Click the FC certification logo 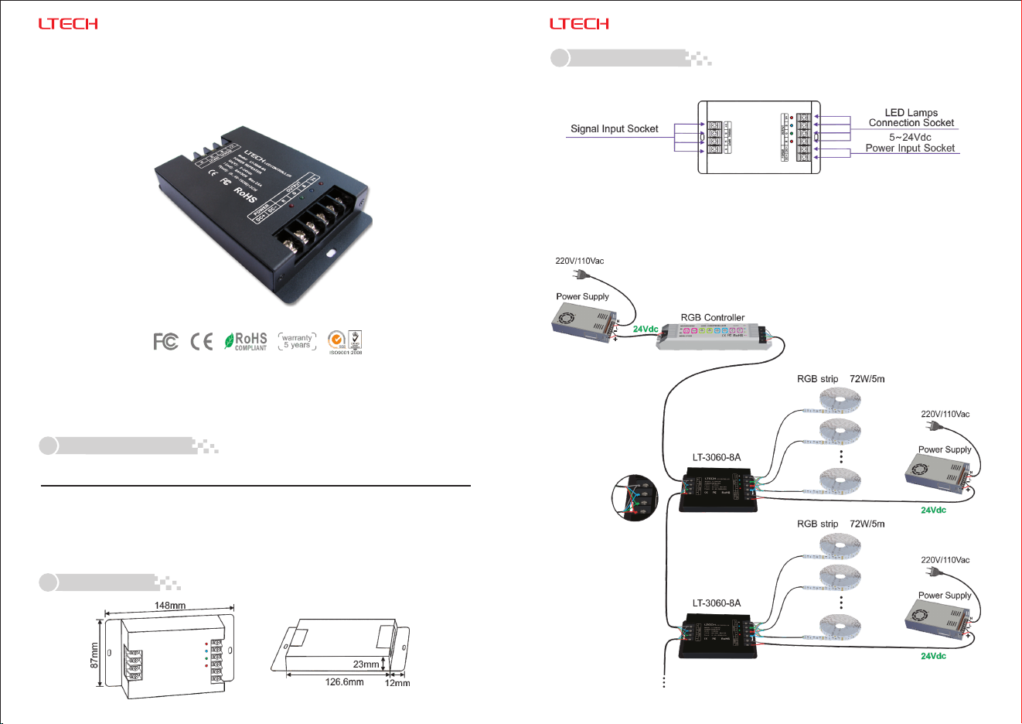[165, 341]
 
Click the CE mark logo [202, 341]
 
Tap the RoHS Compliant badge [246, 341]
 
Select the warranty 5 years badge [297, 341]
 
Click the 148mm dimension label [170, 606]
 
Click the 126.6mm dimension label [344, 682]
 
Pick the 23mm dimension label [366, 664]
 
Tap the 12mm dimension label [397, 683]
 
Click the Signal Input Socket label [615, 129]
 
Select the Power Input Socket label [910, 149]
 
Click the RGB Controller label [713, 317]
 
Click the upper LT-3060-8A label [716, 457]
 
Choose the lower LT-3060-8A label [716, 603]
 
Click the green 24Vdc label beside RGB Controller [646, 330]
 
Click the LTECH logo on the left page [68, 24]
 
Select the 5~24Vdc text [910, 137]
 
